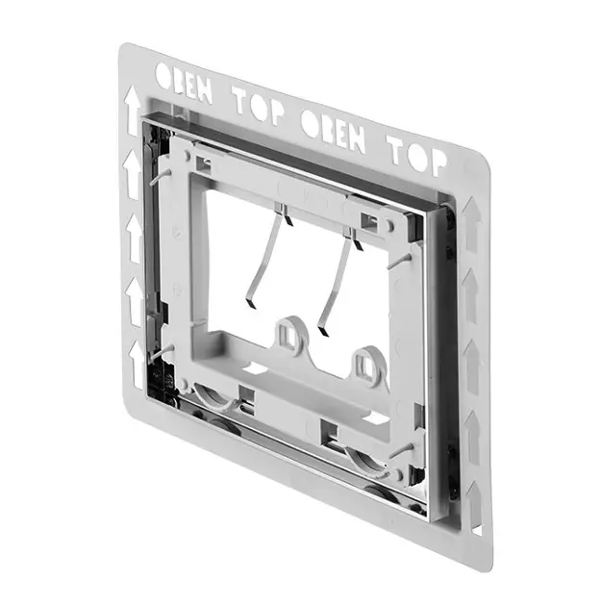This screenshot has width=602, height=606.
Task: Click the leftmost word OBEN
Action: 184,83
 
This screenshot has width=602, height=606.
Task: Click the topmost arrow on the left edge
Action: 132,111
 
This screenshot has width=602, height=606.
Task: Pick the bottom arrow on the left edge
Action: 137,364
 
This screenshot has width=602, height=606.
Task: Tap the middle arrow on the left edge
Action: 135,239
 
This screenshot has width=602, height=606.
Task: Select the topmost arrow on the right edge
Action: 471,224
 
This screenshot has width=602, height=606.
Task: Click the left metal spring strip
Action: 267,256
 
